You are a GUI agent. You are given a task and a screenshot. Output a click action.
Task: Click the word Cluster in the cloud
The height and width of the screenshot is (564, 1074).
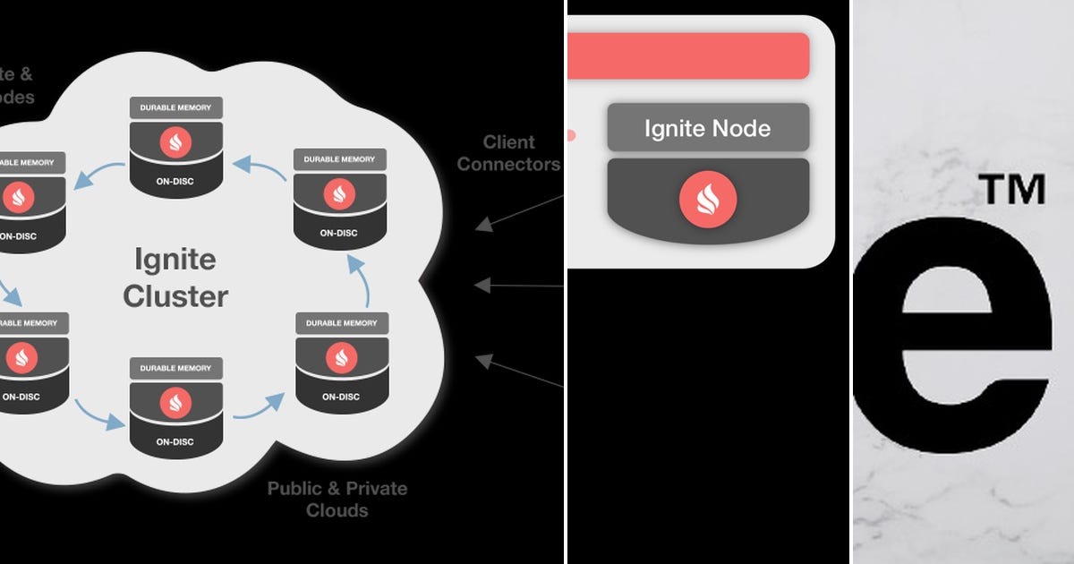[175, 295]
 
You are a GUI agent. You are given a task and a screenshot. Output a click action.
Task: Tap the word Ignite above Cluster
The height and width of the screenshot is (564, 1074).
[175, 261]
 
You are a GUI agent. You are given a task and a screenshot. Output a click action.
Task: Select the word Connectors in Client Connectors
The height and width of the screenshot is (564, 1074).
[508, 165]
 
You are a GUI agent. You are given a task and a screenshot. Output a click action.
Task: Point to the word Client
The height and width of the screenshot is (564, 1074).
[508, 142]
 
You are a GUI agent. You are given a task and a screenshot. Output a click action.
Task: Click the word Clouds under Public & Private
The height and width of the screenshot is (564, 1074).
[337, 510]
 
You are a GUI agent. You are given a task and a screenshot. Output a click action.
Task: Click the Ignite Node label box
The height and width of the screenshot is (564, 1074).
[708, 128]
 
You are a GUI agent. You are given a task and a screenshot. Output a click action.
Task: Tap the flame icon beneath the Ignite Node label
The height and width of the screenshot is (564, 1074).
[708, 198]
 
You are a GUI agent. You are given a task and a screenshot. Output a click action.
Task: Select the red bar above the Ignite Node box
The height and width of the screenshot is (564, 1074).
[689, 56]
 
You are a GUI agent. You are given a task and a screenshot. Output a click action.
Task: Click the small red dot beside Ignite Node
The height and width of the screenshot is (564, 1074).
[571, 136]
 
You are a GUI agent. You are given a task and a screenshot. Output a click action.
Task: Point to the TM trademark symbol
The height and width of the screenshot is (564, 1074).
[1011, 190]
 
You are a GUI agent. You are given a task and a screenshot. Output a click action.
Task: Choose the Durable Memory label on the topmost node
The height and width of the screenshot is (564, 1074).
[176, 108]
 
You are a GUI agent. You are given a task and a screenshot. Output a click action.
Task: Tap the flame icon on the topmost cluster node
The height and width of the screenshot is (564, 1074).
[176, 142]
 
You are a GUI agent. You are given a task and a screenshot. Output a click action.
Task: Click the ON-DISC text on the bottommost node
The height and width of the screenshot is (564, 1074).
[175, 441]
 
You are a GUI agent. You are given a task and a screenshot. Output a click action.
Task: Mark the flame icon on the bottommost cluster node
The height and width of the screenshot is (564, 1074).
[175, 403]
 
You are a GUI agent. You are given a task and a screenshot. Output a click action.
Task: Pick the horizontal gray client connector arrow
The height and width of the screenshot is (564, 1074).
[519, 286]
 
